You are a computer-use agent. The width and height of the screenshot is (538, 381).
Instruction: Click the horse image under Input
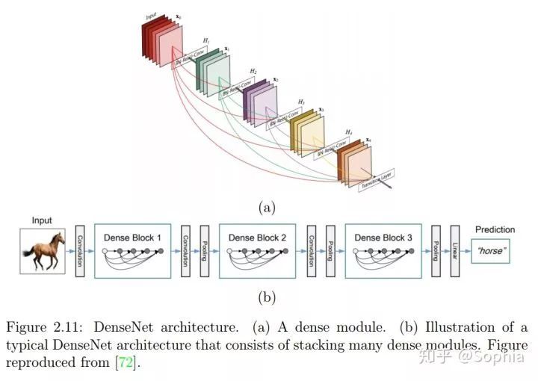pos(43,250)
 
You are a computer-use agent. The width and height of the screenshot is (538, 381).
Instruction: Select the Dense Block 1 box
pos(132,250)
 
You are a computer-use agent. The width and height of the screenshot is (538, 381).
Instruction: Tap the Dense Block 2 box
pos(257,250)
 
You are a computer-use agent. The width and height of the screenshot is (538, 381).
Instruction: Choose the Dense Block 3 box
pos(383,250)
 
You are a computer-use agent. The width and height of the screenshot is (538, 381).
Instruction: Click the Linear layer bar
pos(454,250)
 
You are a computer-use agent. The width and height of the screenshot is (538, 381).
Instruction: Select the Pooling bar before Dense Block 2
pos(203,250)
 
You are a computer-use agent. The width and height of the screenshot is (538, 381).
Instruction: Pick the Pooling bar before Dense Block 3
pos(330,250)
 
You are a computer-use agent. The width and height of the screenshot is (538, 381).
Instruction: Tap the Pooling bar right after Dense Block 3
pos(435,250)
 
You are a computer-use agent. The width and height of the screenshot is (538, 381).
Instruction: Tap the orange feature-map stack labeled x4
pos(355,160)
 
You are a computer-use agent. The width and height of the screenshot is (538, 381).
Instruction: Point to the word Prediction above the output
pos(495,229)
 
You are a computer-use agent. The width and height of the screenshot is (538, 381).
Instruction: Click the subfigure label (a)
pos(267,208)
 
